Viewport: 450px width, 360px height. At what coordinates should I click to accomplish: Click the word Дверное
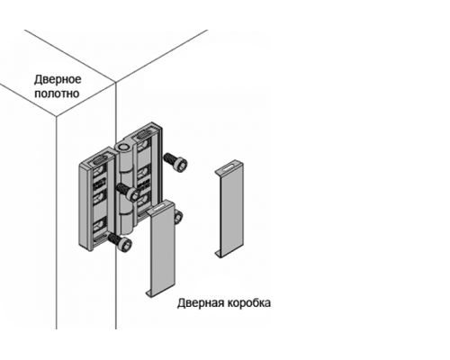pyautogui.click(x=58, y=80)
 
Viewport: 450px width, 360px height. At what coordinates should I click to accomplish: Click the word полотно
pyautogui.click(x=57, y=94)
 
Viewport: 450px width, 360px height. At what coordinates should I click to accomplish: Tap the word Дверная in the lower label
pyautogui.click(x=201, y=303)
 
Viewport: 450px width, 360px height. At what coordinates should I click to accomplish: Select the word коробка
pyautogui.click(x=249, y=303)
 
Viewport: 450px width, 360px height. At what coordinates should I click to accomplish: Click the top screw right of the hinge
pyautogui.click(x=175, y=162)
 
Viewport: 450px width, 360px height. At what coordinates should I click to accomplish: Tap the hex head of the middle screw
pyautogui.click(x=134, y=194)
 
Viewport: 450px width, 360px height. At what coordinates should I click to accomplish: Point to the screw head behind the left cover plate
pyautogui.click(x=178, y=217)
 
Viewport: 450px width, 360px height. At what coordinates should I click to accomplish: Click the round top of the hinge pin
pyautogui.click(x=123, y=148)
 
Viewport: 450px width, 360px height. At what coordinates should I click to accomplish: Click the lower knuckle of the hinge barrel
pyautogui.click(x=126, y=222)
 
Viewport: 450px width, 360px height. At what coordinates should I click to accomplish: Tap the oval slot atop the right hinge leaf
pyautogui.click(x=143, y=136)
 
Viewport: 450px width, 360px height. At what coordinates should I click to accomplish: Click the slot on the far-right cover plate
pyautogui.click(x=230, y=168)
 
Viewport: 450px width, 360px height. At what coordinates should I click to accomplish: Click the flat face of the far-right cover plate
pyautogui.click(x=232, y=213)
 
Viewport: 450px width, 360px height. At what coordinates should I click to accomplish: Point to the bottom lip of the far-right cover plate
pyautogui.click(x=218, y=255)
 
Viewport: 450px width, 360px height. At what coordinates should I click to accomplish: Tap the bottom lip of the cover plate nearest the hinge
pyautogui.click(x=149, y=293)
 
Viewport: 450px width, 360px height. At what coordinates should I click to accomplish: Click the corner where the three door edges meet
pyautogui.click(x=115, y=82)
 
